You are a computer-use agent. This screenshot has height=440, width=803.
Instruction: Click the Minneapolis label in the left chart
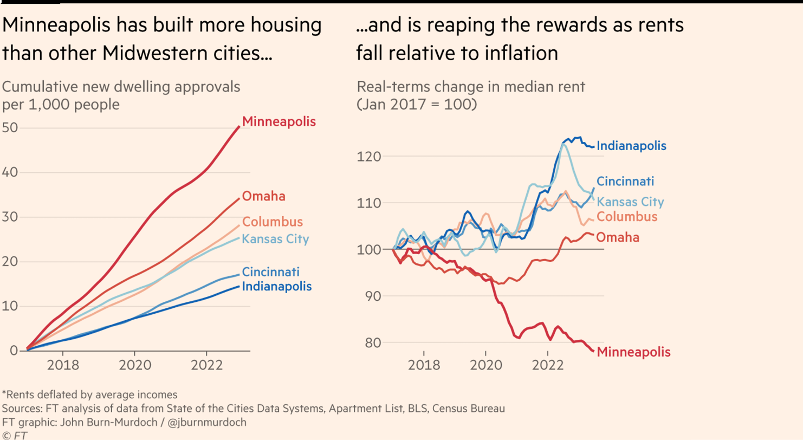pos(279,121)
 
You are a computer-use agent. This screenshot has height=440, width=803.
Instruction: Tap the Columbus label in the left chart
pos(272,222)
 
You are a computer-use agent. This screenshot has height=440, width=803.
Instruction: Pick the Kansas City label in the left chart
pos(275,238)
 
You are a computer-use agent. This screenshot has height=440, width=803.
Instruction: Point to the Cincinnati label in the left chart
pos(270,272)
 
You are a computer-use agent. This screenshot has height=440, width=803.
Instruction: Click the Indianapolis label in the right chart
pos(631,146)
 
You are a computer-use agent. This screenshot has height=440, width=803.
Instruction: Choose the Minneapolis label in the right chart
pos(633,352)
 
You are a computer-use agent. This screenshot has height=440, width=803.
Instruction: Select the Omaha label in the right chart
pos(618,237)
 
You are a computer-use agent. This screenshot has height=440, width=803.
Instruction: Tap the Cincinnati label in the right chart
pos(626,182)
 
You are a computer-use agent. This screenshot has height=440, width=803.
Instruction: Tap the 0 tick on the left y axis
pos(15,351)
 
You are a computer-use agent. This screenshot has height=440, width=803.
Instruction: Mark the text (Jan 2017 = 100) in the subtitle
pos(416,105)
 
